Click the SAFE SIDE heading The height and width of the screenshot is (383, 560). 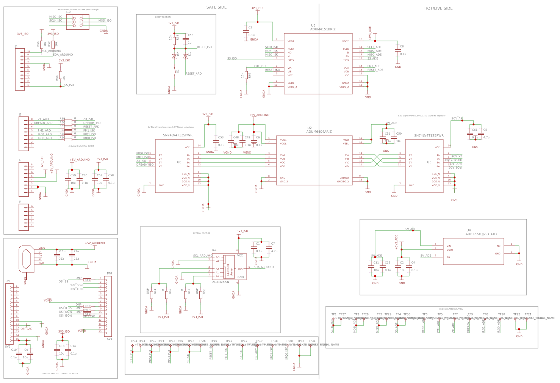pyautogui.click(x=216, y=8)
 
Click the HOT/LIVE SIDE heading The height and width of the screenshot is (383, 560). pyautogui.click(x=438, y=8)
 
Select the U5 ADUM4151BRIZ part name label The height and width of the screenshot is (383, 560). pyautogui.click(x=322, y=29)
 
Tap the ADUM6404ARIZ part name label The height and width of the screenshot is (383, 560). pyautogui.click(x=319, y=132)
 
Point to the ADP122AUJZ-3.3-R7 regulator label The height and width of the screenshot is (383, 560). pyautogui.click(x=481, y=234)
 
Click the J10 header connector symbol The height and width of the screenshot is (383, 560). pyautogui.click(x=78, y=22)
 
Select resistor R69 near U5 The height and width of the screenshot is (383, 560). pyautogui.click(x=246, y=75)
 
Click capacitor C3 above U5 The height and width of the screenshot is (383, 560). pyautogui.click(x=246, y=31)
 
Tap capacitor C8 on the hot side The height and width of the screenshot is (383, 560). pyautogui.click(x=398, y=50)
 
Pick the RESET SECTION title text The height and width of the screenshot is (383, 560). pyautogui.click(x=163, y=17)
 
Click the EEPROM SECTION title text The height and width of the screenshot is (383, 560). pyautogui.click(x=202, y=233)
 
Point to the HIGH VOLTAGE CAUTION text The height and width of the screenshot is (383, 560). pyautogui.click(x=451, y=309)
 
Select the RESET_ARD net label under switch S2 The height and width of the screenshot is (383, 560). pyautogui.click(x=193, y=74)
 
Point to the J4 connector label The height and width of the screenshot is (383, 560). pyautogui.click(x=20, y=202)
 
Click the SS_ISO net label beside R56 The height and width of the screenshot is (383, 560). pyautogui.click(x=69, y=85)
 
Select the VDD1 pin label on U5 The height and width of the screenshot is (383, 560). pyautogui.click(x=291, y=41)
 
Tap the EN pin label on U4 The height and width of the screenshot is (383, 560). pyautogui.click(x=448, y=257)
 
